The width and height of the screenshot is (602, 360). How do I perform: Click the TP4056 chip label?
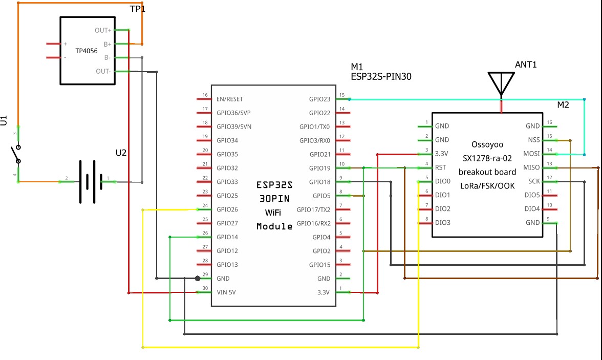tap(87, 51)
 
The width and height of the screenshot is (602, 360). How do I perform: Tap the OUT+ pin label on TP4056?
tap(103, 30)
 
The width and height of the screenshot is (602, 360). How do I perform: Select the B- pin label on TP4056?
tap(107, 58)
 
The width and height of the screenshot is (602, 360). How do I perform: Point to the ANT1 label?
tap(526, 65)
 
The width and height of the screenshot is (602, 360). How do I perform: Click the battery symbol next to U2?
tap(91, 182)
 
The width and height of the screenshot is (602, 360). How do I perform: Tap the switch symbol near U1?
tap(16, 154)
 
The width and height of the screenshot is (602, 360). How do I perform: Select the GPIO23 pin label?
tap(319, 99)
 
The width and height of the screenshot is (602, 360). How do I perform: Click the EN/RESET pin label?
tap(229, 99)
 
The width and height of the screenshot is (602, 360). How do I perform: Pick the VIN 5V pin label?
tap(226, 292)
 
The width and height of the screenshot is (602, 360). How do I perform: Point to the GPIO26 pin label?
tap(227, 209)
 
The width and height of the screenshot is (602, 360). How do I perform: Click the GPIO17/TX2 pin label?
tap(313, 209)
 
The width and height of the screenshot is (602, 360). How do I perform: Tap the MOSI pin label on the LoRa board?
tap(531, 154)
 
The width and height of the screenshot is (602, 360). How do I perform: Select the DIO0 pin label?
tap(443, 181)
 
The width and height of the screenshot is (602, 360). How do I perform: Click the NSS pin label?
tap(533, 140)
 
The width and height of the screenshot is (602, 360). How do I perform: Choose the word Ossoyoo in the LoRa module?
tap(487, 145)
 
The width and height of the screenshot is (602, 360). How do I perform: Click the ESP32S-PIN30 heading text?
tap(381, 76)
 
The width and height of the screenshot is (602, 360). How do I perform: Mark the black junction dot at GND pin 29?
tap(198, 278)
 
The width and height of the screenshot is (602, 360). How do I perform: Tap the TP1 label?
tap(137, 9)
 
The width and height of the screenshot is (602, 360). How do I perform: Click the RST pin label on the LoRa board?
tap(440, 167)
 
